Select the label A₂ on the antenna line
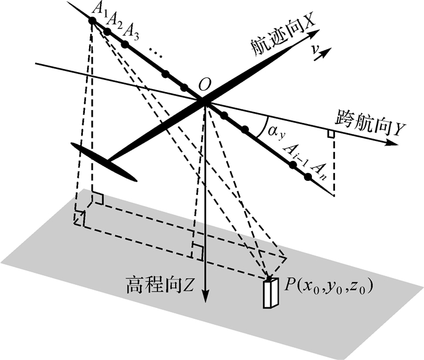click(x=113, y=19)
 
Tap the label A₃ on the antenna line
click(x=131, y=30)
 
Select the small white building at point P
click(x=269, y=293)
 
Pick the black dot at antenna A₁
click(x=92, y=21)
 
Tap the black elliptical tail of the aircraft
click(x=104, y=161)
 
